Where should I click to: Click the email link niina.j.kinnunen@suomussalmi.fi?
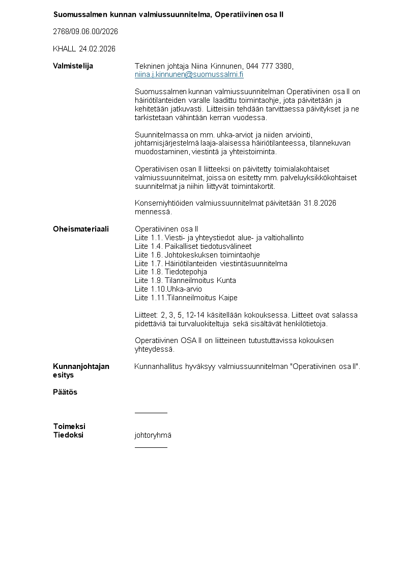189,74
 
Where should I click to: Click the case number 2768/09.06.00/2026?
85,32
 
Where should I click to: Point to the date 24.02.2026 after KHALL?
97,49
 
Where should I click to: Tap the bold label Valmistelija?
73,66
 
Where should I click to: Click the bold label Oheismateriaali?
80,229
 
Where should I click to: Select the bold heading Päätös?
65,392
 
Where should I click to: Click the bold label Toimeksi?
69,426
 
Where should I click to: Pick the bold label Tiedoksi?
68,435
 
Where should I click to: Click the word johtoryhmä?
153,435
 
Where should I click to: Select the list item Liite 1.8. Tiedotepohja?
171,272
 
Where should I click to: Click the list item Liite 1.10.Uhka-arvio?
168,289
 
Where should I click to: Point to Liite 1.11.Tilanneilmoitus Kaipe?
186,298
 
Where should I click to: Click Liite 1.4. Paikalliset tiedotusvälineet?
193,246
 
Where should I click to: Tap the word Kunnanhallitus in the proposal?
159,366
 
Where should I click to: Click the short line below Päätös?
151,412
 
